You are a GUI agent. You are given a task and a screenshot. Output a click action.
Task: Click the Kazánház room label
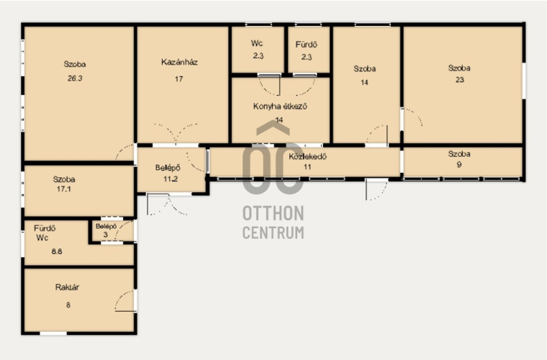pos(179,63)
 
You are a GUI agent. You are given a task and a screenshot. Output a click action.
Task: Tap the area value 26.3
pos(75,78)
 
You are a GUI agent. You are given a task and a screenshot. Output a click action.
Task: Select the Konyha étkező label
pos(280,106)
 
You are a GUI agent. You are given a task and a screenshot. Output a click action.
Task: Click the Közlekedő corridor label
pos(307,156)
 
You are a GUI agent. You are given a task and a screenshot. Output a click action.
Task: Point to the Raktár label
pos(67,287)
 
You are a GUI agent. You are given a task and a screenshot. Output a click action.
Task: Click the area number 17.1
pos(64,189)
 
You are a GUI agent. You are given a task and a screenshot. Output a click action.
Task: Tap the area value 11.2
pos(171,179)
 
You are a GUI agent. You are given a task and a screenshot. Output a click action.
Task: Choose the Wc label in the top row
pos(257,44)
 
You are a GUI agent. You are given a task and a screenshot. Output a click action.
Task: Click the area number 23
pos(460,79)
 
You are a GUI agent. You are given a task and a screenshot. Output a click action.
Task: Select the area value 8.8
pos(57,251)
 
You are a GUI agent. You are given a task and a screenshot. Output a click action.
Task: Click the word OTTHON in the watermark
pos(273,213)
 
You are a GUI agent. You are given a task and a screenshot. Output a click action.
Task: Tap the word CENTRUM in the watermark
pos(273,233)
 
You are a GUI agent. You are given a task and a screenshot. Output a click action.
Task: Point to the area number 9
pos(459,164)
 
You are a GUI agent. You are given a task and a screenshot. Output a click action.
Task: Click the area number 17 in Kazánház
pos(179,79)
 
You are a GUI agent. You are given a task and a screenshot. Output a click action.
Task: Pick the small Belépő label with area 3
pos(106,226)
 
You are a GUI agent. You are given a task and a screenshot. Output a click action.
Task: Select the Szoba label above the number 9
pos(459,154)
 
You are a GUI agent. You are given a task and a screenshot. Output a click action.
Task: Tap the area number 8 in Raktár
pos(68,305)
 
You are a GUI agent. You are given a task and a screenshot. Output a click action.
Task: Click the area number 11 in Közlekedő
pos(307,167)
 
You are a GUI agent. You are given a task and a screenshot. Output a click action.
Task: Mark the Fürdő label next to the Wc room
pos(307,45)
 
